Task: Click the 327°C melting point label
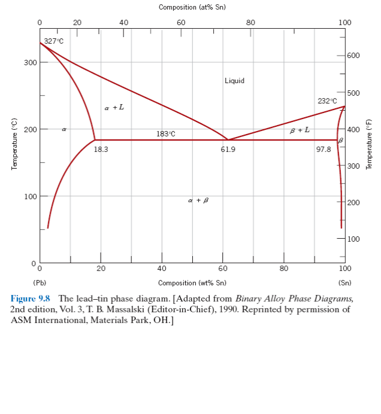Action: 53,41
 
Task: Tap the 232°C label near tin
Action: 327,101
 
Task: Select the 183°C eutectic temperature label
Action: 166,133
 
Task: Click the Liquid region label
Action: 234,81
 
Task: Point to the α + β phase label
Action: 198,200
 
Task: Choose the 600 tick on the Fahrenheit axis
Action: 353,56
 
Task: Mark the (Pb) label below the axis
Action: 40,282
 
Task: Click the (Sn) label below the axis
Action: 344,282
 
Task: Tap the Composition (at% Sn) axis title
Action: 192,7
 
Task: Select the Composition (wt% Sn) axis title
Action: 192,282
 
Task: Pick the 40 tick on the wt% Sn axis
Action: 162,269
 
